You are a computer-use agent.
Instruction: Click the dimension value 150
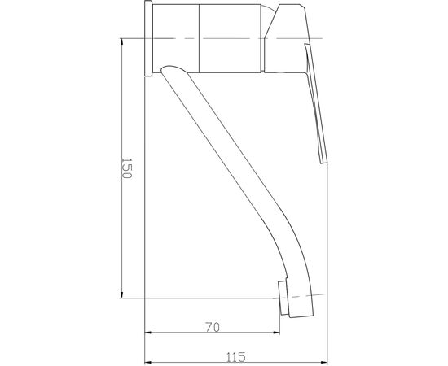click(x=126, y=168)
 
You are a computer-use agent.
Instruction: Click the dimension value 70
click(x=213, y=327)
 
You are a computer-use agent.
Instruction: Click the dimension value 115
click(x=236, y=357)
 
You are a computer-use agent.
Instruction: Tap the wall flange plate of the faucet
click(x=148, y=38)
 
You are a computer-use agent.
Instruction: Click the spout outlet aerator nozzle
click(x=283, y=298)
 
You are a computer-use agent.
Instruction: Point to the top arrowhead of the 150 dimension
click(x=122, y=41)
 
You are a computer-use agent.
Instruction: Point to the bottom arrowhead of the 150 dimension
click(x=122, y=294)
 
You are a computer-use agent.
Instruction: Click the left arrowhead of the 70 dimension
click(x=148, y=333)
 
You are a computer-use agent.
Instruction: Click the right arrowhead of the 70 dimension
click(x=277, y=333)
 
